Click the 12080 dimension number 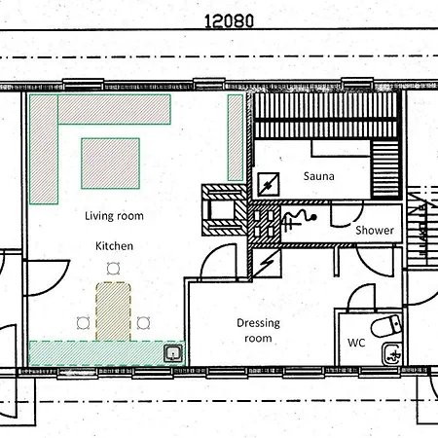pos(229,21)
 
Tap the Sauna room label pos(318,176)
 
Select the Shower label pos(375,230)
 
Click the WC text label pos(356,343)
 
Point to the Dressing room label pos(258,330)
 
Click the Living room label pos(114,216)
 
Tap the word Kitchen pos(114,246)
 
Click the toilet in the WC pos(385,326)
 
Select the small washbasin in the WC pos(392,354)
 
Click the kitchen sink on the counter pos(173,353)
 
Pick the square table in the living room pos(110,164)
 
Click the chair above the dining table pos(113,269)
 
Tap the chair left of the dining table pos(84,323)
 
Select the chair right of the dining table pos(143,323)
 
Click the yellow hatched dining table pos(113,311)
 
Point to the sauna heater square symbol pos(269,184)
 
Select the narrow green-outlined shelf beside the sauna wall pos(236,137)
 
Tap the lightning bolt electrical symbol pos(267,264)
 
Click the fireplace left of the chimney pos(224,209)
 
